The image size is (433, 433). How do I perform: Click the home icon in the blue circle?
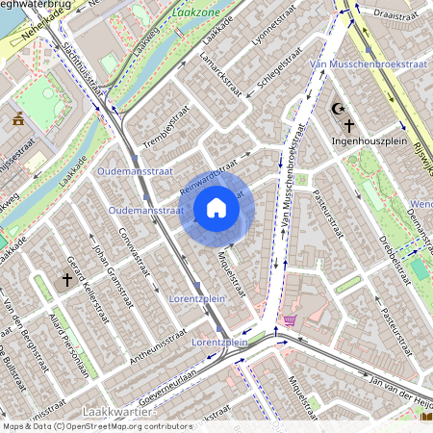(216, 207)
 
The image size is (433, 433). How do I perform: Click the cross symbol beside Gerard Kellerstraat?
(67, 280)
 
